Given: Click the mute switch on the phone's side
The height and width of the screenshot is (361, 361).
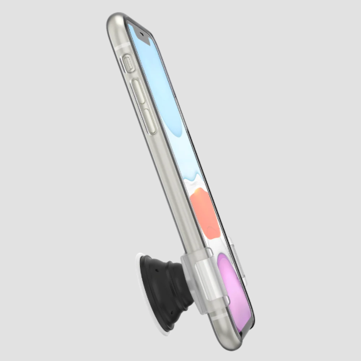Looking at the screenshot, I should pyautogui.click(x=128, y=63).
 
